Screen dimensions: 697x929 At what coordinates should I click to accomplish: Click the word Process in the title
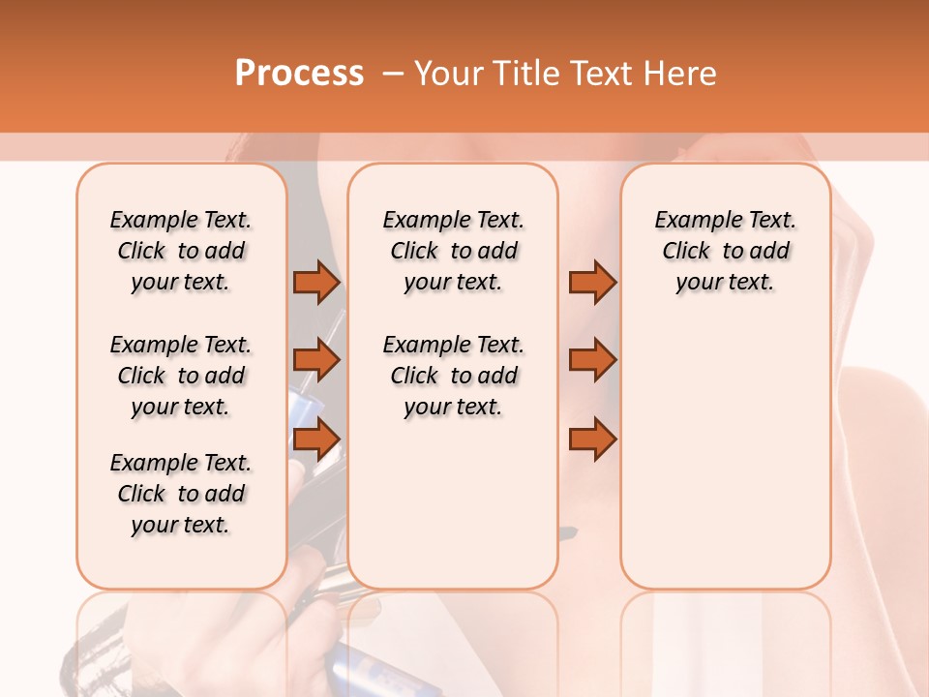[x=299, y=73]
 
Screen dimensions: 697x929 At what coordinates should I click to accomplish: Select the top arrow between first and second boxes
[x=316, y=282]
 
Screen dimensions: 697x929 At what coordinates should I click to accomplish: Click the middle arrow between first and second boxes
[x=316, y=361]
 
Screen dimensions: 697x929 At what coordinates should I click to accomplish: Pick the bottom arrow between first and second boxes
[x=316, y=439]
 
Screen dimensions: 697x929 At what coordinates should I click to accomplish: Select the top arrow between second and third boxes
[x=591, y=282]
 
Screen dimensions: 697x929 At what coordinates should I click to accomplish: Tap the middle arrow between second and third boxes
[x=591, y=361]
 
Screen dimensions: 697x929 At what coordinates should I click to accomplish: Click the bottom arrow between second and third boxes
[x=591, y=439]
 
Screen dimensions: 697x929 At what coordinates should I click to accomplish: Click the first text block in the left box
[x=181, y=251]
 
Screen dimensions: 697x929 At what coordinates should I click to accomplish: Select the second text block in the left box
[x=181, y=376]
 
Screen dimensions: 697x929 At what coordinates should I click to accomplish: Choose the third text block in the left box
[x=181, y=494]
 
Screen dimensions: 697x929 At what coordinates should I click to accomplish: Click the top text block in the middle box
[x=453, y=251]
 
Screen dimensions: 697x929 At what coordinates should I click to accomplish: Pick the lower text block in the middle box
[x=453, y=376]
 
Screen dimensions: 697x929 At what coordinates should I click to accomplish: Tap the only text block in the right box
[x=725, y=251]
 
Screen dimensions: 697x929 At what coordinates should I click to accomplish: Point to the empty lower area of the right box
[x=725, y=455]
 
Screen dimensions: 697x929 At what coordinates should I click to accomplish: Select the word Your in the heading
[x=449, y=73]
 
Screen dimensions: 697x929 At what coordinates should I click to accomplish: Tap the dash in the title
[x=393, y=73]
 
